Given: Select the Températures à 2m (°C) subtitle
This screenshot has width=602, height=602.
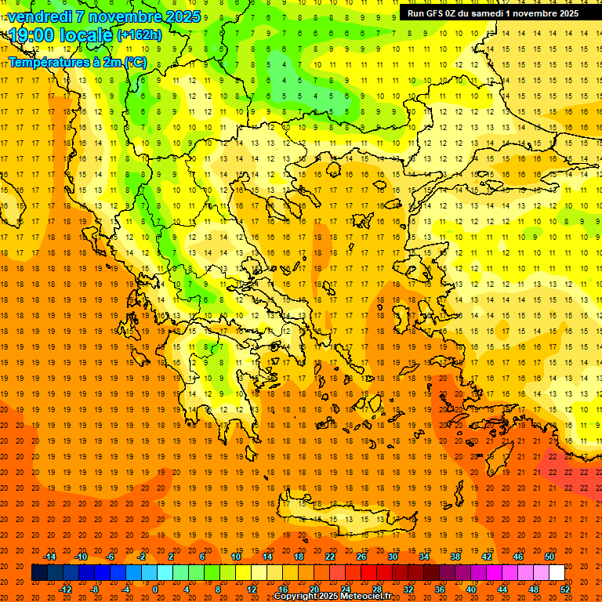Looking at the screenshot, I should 77,61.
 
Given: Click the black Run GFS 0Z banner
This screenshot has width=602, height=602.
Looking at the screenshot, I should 493,13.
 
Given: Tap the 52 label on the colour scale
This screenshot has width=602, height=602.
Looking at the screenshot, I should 565,589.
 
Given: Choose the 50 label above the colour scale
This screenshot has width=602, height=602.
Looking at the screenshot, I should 549,557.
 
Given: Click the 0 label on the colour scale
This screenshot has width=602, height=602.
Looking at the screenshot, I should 155,589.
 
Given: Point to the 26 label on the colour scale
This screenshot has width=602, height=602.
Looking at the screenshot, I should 361,557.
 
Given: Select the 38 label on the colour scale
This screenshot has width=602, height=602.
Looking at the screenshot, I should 455,557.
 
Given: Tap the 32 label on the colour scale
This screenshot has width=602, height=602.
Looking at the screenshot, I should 408,589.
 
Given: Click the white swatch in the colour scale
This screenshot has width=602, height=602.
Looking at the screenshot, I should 557,573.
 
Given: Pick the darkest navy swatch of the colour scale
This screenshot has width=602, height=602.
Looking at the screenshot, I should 39,573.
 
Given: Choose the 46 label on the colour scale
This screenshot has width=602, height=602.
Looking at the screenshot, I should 518,557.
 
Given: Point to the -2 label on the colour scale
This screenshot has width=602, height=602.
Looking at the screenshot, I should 141,557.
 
